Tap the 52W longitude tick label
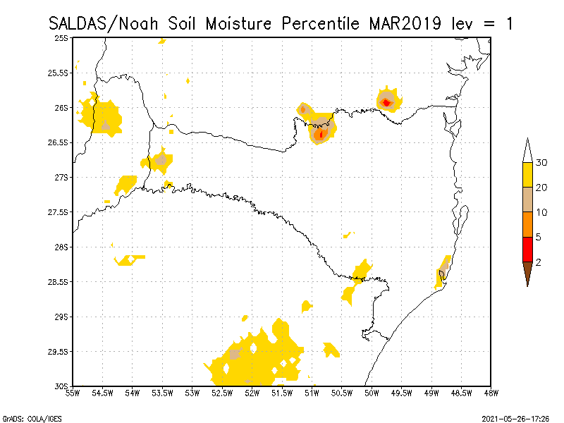[x=252, y=393]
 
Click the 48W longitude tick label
[x=491, y=393]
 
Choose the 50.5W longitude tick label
[x=342, y=393]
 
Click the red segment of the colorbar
[x=527, y=250]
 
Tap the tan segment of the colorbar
[x=527, y=200]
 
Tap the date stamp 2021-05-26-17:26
[x=515, y=418]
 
